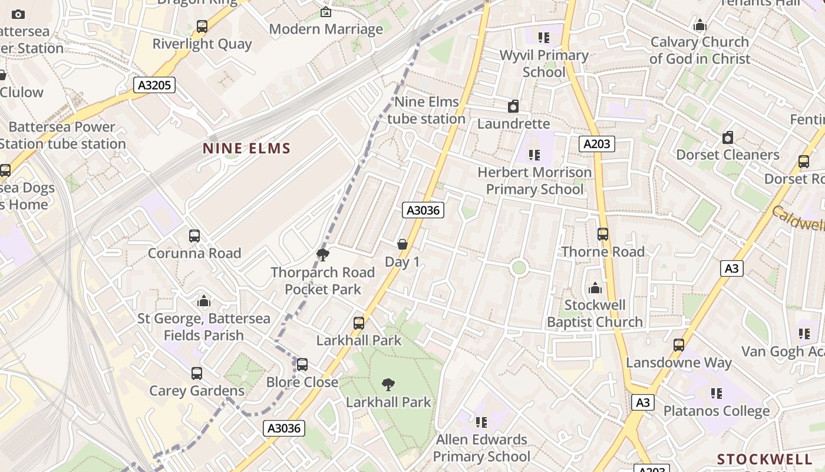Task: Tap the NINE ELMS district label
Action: (247, 148)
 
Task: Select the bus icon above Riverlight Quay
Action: (202, 27)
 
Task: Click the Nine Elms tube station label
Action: (427, 110)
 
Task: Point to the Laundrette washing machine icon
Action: (513, 106)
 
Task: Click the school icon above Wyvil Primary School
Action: (544, 38)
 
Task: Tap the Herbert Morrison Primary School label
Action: (534, 181)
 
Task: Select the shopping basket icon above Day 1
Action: (402, 244)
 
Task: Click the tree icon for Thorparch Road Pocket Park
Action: (322, 255)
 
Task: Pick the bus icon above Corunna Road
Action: (194, 236)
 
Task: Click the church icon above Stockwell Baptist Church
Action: (595, 288)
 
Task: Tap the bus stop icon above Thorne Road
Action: (603, 234)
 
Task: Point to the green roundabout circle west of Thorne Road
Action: (519, 267)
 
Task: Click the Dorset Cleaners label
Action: (728, 155)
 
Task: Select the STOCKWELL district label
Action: (765, 459)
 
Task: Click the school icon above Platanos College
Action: (717, 394)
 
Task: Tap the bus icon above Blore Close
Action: (302, 365)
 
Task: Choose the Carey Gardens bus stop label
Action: (197, 391)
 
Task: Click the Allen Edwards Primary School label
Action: (481, 448)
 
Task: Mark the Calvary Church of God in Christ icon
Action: (700, 25)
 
